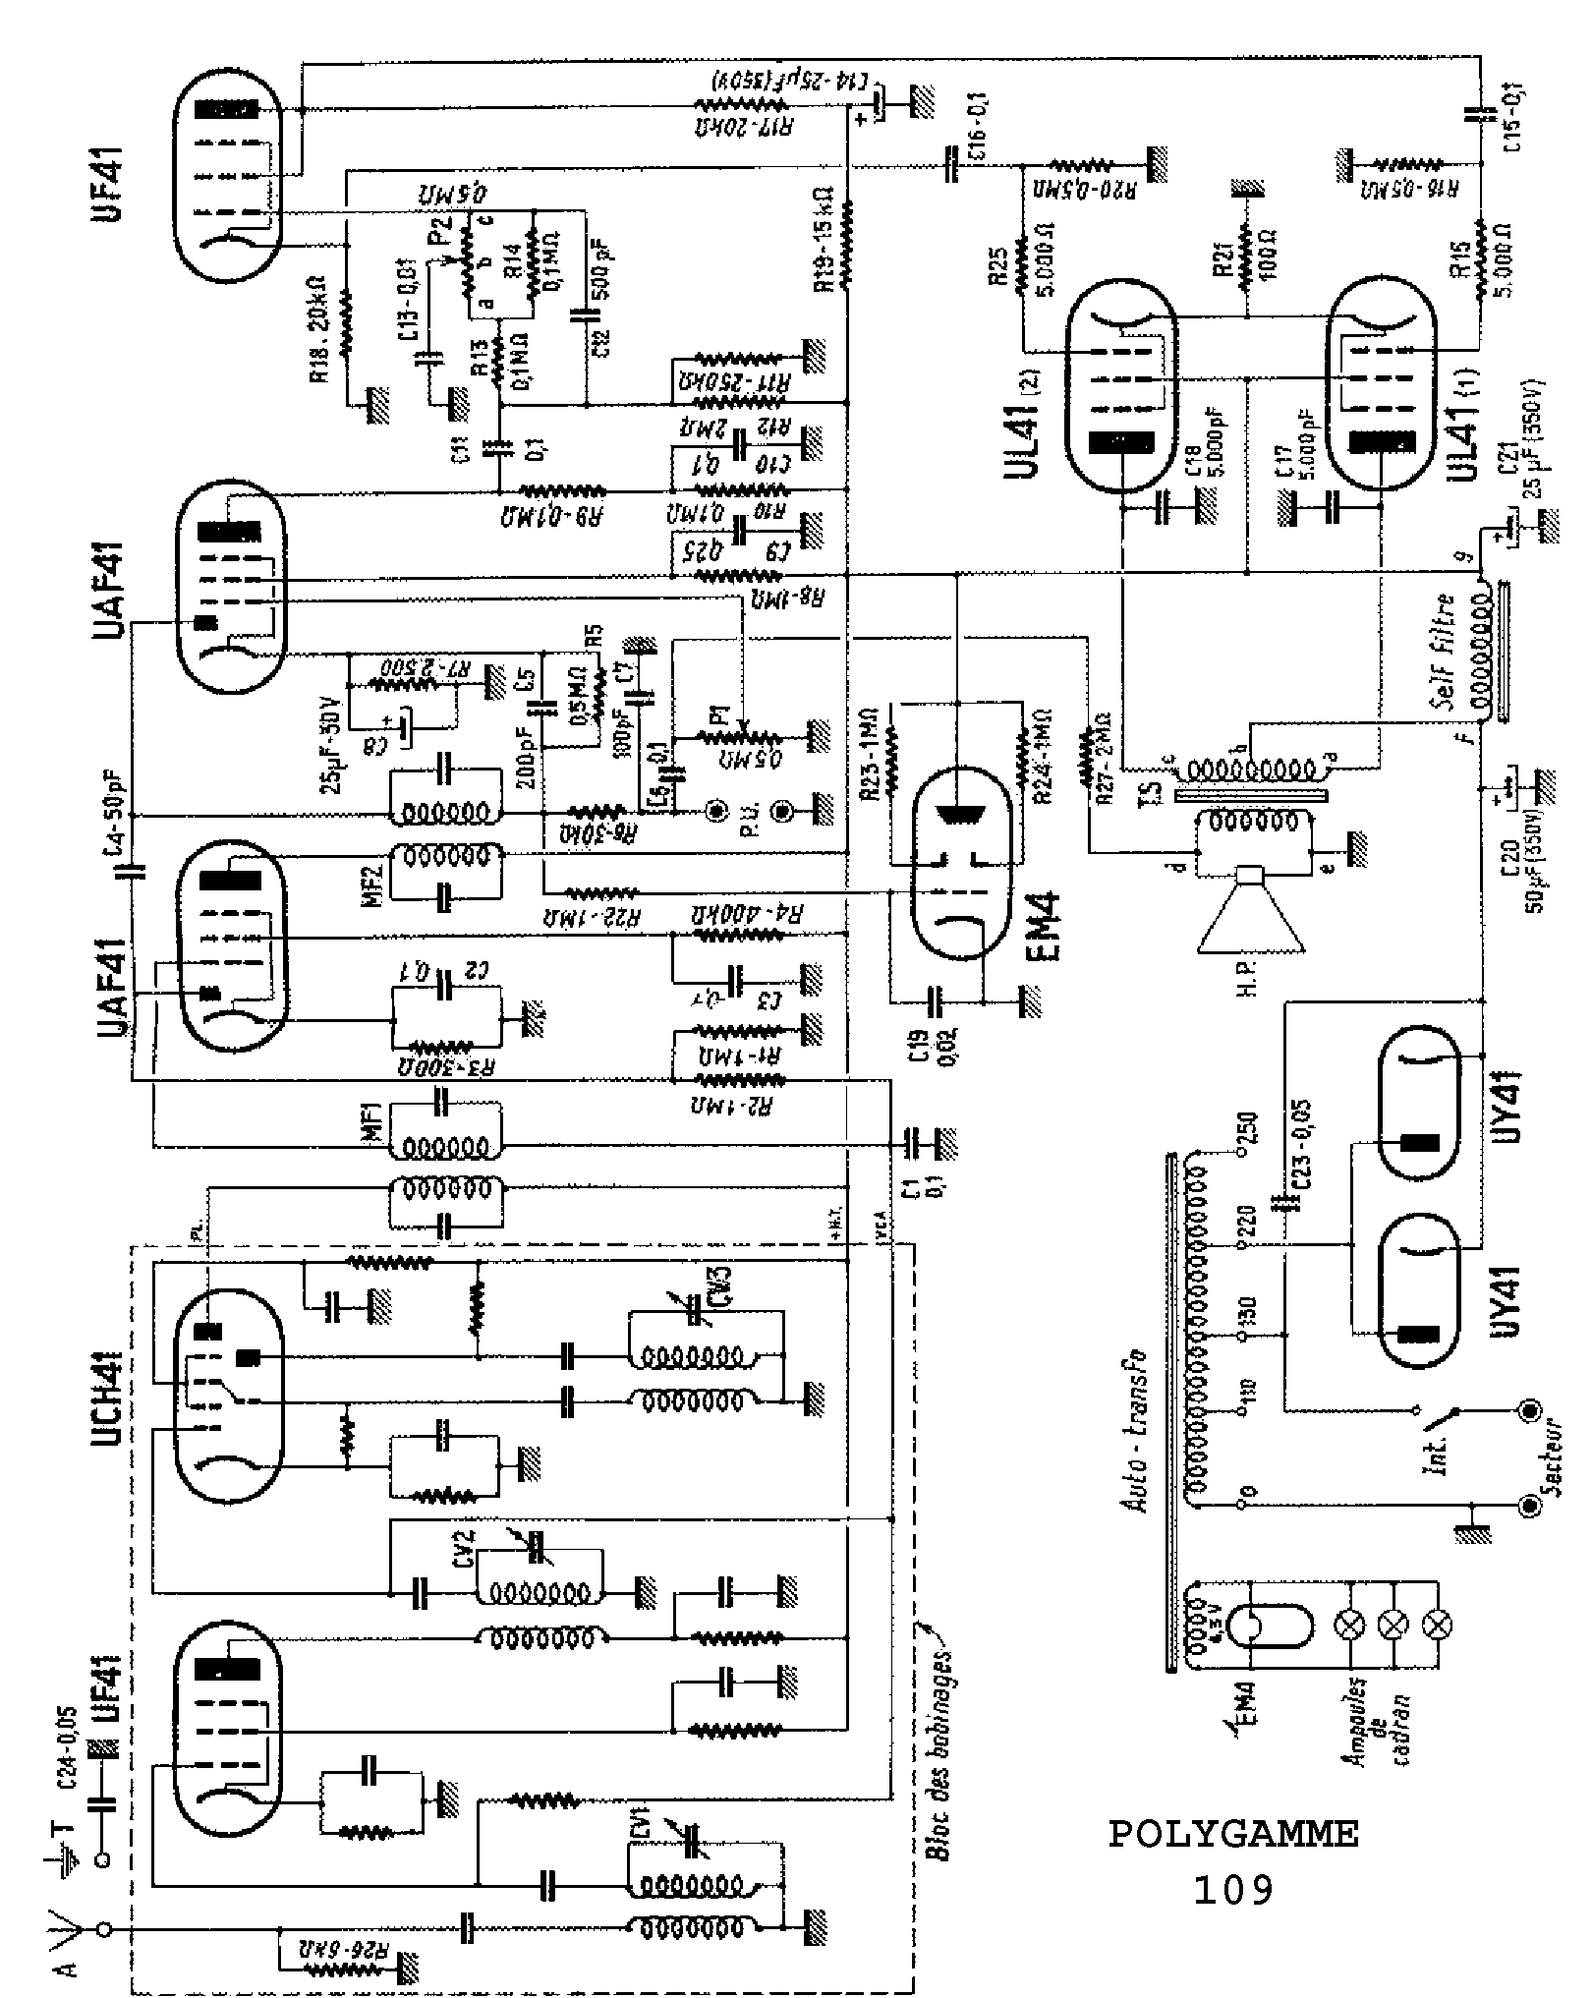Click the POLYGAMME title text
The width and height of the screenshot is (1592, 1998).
point(1233,1834)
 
